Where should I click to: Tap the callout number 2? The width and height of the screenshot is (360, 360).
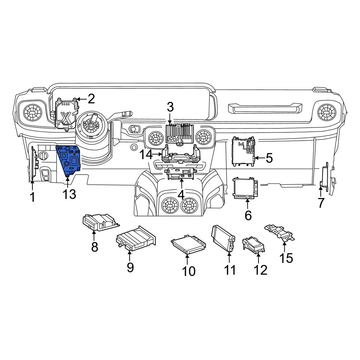coord(91,99)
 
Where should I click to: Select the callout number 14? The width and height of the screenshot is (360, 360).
coord(146,154)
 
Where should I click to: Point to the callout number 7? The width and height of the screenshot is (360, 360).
coord(321,203)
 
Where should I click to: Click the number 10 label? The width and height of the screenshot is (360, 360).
coord(189,271)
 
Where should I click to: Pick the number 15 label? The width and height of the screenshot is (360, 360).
coord(286,258)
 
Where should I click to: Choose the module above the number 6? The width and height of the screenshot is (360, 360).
coord(245,188)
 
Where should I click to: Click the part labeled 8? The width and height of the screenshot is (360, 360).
coord(100,222)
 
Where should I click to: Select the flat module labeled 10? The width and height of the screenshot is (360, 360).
coord(188,244)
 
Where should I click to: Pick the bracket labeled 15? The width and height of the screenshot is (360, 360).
coord(280,233)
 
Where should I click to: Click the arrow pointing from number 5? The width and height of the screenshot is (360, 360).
coord(260,158)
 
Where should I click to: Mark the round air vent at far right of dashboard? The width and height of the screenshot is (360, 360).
coord(327,112)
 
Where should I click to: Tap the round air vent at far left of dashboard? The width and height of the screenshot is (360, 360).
coord(33,113)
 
